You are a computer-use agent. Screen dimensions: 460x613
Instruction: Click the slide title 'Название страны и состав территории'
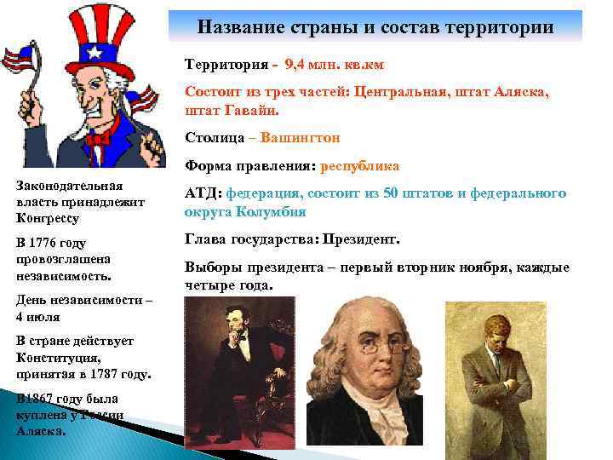click(x=375, y=27)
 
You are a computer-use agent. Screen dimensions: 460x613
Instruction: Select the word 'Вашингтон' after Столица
click(x=301, y=137)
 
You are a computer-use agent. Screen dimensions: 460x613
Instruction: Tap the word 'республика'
click(x=359, y=166)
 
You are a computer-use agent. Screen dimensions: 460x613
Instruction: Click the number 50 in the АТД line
click(x=390, y=194)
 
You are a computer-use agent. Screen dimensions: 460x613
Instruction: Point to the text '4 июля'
click(x=37, y=316)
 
